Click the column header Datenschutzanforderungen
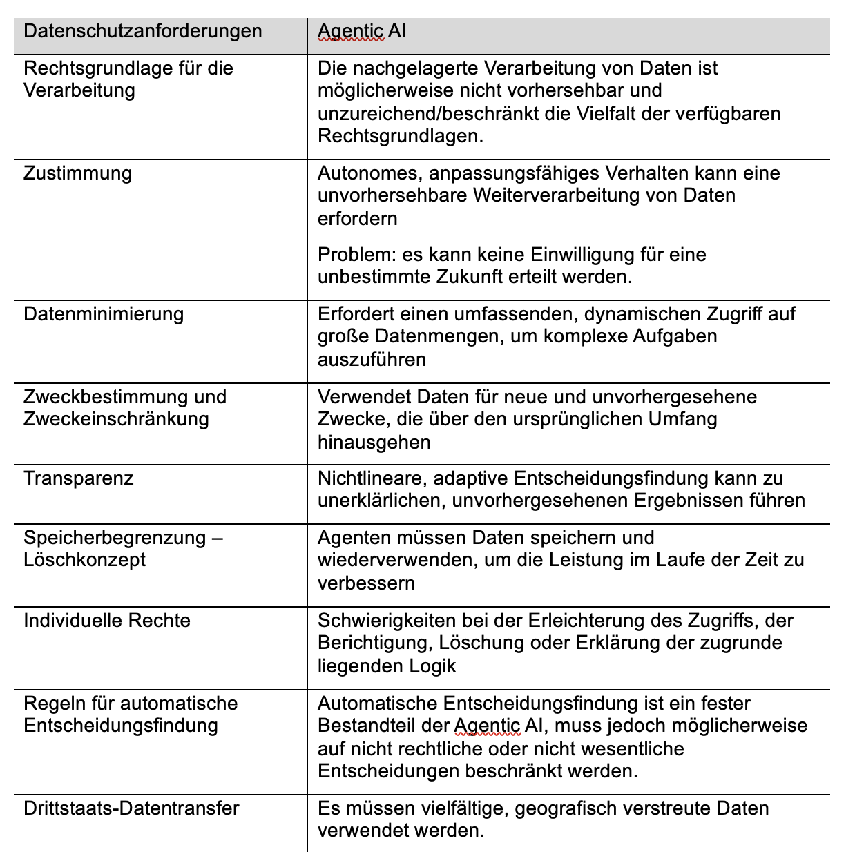tap(143, 31)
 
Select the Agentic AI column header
tap(362, 31)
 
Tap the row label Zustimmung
tap(77, 173)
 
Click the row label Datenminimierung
tap(104, 314)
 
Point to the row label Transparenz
tap(79, 478)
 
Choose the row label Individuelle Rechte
tap(107, 621)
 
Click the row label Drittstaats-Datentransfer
tap(131, 808)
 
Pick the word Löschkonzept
tap(84, 560)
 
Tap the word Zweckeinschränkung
tap(116, 419)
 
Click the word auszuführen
tap(372, 360)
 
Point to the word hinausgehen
tap(374, 443)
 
